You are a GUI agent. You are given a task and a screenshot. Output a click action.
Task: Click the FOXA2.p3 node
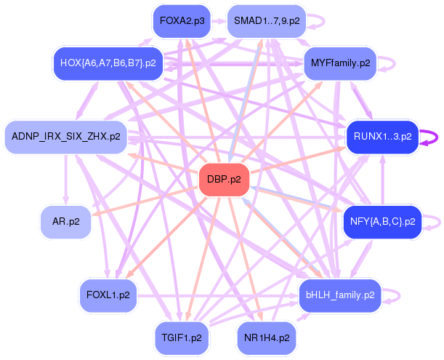tap(182, 22)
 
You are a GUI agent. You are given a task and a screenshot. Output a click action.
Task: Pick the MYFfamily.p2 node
tap(340, 63)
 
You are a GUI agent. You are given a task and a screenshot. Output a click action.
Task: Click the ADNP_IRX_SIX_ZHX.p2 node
tap(66, 136)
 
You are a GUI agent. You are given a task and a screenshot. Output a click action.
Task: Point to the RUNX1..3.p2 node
tap(382, 136)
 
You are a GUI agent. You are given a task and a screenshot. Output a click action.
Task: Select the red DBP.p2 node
tap(224, 178)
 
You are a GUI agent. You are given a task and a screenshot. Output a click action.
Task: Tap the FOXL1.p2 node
tap(108, 295)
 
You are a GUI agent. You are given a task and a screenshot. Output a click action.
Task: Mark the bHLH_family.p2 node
tap(339, 295)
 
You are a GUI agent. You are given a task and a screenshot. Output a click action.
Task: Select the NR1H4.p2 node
tap(266, 338)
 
